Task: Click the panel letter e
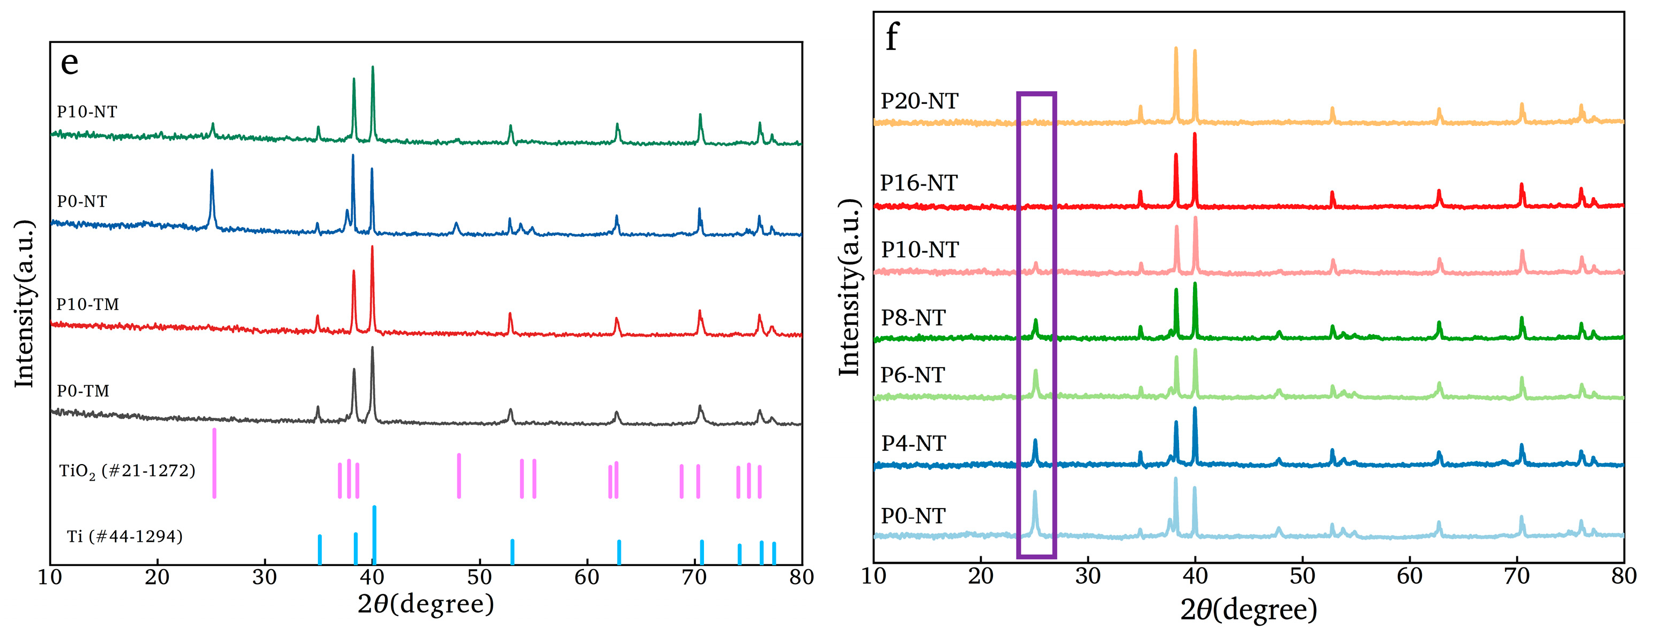(69, 63)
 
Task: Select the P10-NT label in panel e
(87, 111)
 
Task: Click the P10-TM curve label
(87, 304)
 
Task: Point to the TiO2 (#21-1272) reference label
(127, 472)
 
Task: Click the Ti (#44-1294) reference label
(124, 536)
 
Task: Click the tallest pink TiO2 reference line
(214, 463)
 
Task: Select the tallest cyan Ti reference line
(374, 534)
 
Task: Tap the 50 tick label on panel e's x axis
(479, 577)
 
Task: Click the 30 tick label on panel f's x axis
(1088, 576)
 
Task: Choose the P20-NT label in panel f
(919, 101)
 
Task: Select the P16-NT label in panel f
(918, 183)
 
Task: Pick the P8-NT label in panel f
(913, 317)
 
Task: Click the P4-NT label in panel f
(913, 443)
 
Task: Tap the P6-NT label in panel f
(912, 375)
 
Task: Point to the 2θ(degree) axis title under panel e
(425, 604)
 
